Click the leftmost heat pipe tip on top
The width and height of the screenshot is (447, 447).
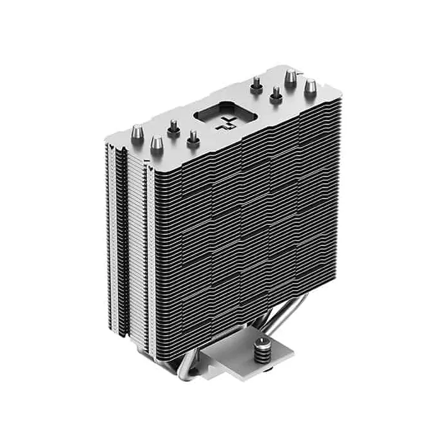(135, 132)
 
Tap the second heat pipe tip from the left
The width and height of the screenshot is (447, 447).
(156, 144)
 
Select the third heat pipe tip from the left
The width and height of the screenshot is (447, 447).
(291, 78)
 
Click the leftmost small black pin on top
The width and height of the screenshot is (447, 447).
(172, 126)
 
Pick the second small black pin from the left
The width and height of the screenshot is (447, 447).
(192, 137)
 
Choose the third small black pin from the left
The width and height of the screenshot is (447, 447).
(256, 84)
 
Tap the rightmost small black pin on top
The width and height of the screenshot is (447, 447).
(277, 95)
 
